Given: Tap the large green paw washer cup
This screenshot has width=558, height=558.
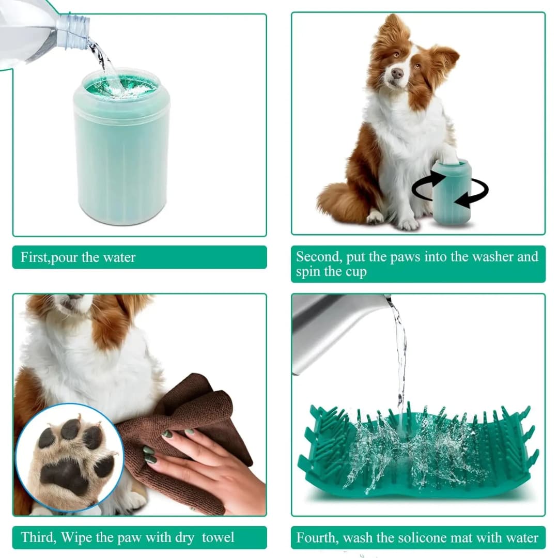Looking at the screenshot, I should point(121,155).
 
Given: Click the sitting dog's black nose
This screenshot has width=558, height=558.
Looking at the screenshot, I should point(397,73).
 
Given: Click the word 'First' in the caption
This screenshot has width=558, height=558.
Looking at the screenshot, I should point(34,257).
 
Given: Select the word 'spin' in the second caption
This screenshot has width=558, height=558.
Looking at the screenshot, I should point(308,272).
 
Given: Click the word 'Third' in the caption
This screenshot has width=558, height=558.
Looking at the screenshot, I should point(37,537).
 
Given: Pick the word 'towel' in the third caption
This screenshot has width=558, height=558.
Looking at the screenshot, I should point(218,537).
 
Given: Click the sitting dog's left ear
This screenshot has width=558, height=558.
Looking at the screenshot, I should point(444,57).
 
